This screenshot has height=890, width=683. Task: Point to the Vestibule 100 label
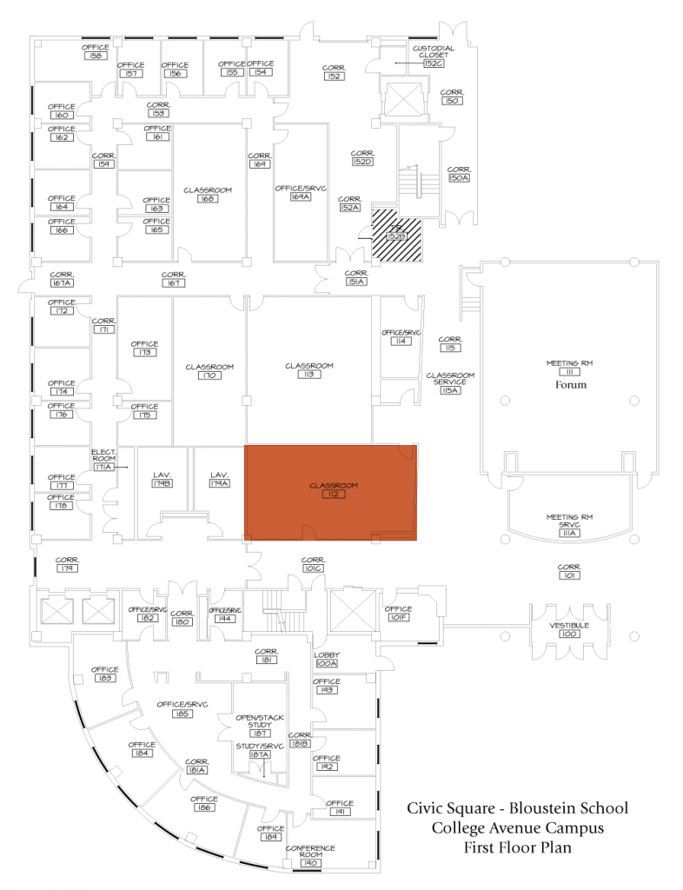569,629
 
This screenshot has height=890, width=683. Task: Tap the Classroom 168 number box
207,199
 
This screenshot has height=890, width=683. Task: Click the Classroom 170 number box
209,376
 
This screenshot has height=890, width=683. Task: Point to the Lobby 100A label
326,659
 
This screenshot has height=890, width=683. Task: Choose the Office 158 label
96,51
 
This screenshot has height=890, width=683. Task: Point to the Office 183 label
105,674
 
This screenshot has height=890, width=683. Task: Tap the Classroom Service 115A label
449,382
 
